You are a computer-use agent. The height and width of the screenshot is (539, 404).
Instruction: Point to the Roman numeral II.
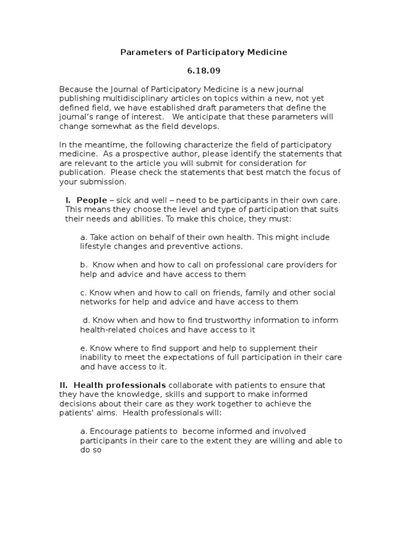[x=64, y=385]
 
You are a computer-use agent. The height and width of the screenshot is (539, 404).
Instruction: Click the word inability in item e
[x=96, y=357]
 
